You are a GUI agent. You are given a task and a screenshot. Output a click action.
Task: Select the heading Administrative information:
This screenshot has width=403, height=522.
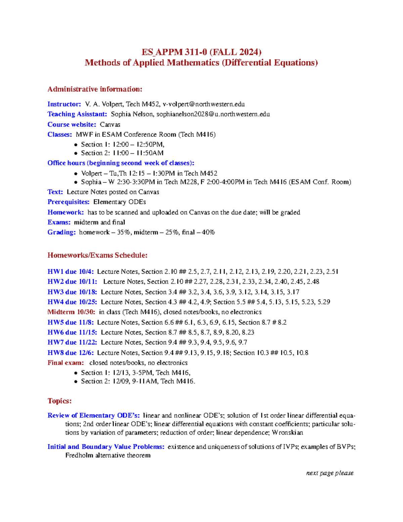coord(95,89)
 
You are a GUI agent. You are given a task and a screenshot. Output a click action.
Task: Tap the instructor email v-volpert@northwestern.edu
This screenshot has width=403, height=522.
coord(204,104)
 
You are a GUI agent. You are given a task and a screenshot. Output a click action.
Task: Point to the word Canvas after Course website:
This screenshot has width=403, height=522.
coord(110,125)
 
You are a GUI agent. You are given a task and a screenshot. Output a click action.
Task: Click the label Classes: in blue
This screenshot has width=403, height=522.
coord(59,134)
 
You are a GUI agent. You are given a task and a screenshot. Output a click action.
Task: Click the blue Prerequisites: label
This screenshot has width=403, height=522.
coord(69,202)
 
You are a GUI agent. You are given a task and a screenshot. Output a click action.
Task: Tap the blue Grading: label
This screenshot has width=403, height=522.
coord(61,232)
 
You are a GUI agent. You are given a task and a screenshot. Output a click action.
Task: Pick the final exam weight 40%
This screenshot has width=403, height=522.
coord(208,232)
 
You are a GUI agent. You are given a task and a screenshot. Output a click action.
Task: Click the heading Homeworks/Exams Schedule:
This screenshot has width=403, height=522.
coord(97,255)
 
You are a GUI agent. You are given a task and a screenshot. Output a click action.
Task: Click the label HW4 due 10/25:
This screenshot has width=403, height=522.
coord(72,302)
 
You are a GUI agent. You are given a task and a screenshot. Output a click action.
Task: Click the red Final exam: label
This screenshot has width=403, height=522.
coord(65,363)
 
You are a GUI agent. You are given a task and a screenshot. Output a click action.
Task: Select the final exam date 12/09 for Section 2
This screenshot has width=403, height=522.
coord(120,382)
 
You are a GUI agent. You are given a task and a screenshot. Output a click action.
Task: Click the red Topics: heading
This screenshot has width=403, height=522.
coord(59,401)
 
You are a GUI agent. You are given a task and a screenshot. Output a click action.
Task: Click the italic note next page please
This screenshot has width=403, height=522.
coord(329,473)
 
